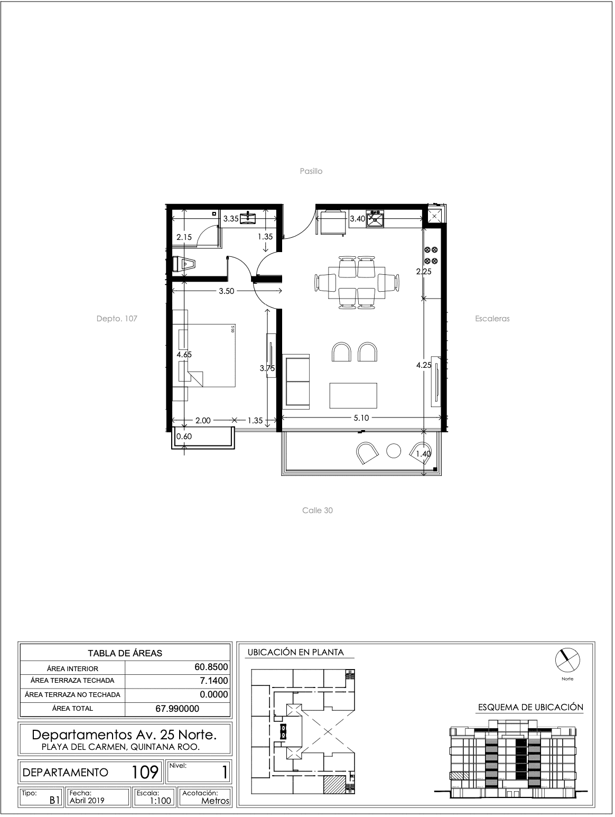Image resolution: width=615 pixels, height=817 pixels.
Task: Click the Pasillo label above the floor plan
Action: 311,171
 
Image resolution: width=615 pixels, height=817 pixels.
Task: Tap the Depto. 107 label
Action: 117,319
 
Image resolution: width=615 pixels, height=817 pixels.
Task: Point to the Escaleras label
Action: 492,319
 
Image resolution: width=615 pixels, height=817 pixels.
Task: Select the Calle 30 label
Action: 318,510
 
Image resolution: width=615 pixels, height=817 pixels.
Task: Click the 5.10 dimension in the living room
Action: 361,418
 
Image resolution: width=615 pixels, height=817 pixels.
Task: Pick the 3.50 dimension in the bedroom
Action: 226,291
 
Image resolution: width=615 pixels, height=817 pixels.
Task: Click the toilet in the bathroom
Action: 184,265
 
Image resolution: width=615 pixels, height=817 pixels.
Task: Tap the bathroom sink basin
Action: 248,218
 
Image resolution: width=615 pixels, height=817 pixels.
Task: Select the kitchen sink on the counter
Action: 375,218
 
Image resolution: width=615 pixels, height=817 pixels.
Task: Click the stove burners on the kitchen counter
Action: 431,255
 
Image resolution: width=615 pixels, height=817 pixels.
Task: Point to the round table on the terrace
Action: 394,451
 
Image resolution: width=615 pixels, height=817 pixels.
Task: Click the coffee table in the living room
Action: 353,396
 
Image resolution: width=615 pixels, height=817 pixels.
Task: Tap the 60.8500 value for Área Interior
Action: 211,666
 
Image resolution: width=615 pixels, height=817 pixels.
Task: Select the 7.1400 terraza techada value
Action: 213,681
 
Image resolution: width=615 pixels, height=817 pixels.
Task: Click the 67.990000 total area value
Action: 177,708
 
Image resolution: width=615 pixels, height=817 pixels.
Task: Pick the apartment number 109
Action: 145,772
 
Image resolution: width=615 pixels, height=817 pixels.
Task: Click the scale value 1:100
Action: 160,800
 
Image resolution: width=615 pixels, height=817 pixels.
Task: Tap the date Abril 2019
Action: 87,800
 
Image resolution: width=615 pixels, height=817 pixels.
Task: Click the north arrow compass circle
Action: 567,660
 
